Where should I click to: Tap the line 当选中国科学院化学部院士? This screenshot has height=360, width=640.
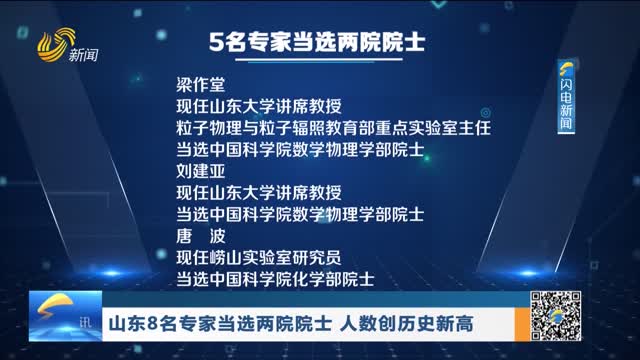276,277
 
